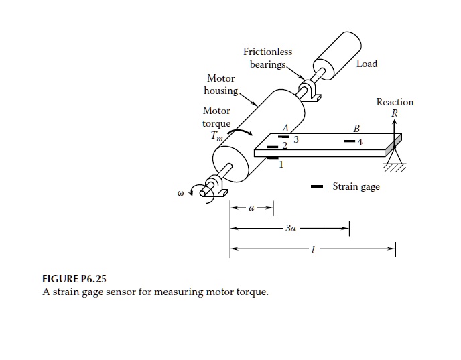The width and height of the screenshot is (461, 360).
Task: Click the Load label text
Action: coord(367,64)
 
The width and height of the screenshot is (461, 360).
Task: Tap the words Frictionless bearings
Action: coord(267,58)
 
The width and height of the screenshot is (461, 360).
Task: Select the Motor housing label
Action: coord(222,84)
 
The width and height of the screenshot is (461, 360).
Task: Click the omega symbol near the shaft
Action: coord(180,195)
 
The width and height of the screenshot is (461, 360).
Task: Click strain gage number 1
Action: coord(273,158)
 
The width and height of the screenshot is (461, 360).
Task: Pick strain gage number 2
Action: coord(273,145)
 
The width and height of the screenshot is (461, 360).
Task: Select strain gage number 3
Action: coord(284,137)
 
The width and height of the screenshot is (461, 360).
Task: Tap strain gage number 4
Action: coord(349,142)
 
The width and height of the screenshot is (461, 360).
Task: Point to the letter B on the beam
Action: coord(356,129)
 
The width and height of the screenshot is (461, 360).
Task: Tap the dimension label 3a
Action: coord(290,229)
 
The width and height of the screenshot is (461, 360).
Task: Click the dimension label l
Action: coord(312,251)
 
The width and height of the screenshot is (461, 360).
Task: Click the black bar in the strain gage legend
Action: coord(316,186)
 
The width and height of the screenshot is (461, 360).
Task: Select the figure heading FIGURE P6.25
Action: coord(74,278)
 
